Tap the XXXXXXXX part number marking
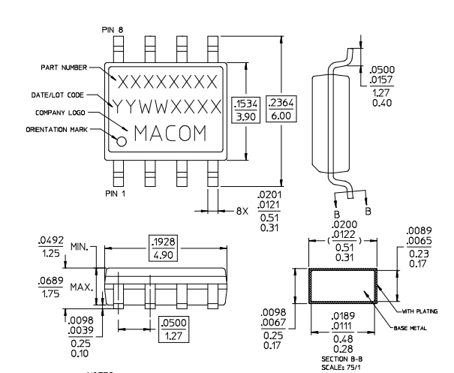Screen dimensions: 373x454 click(x=166, y=80)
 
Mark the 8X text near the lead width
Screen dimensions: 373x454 click(x=242, y=212)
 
